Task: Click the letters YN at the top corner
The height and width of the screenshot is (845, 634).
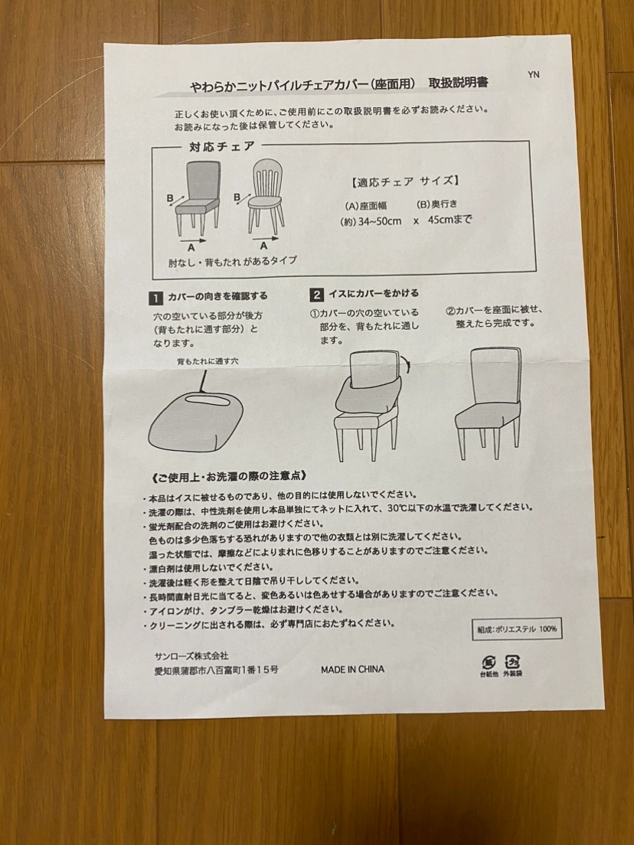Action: (533, 74)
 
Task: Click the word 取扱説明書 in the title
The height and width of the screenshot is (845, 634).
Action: (458, 83)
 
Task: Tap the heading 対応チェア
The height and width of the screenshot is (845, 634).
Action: (221, 146)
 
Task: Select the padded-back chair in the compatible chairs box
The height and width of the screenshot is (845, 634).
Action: (198, 198)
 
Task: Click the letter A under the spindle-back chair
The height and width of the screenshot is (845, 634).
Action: (263, 246)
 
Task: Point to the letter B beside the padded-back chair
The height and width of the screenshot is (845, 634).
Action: (170, 197)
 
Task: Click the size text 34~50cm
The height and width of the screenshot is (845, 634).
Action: (380, 221)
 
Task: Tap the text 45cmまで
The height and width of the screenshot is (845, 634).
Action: (449, 220)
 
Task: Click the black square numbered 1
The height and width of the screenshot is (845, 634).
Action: (155, 298)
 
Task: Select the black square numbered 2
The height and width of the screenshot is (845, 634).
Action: (316, 295)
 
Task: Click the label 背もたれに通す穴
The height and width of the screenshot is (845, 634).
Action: (208, 361)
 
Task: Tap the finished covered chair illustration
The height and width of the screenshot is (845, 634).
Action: (489, 403)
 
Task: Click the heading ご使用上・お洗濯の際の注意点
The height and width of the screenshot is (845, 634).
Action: (229, 476)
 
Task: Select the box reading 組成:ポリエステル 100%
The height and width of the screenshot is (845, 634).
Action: (517, 629)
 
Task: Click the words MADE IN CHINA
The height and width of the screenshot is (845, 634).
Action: (352, 669)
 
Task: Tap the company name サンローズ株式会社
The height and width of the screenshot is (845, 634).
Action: (191, 656)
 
